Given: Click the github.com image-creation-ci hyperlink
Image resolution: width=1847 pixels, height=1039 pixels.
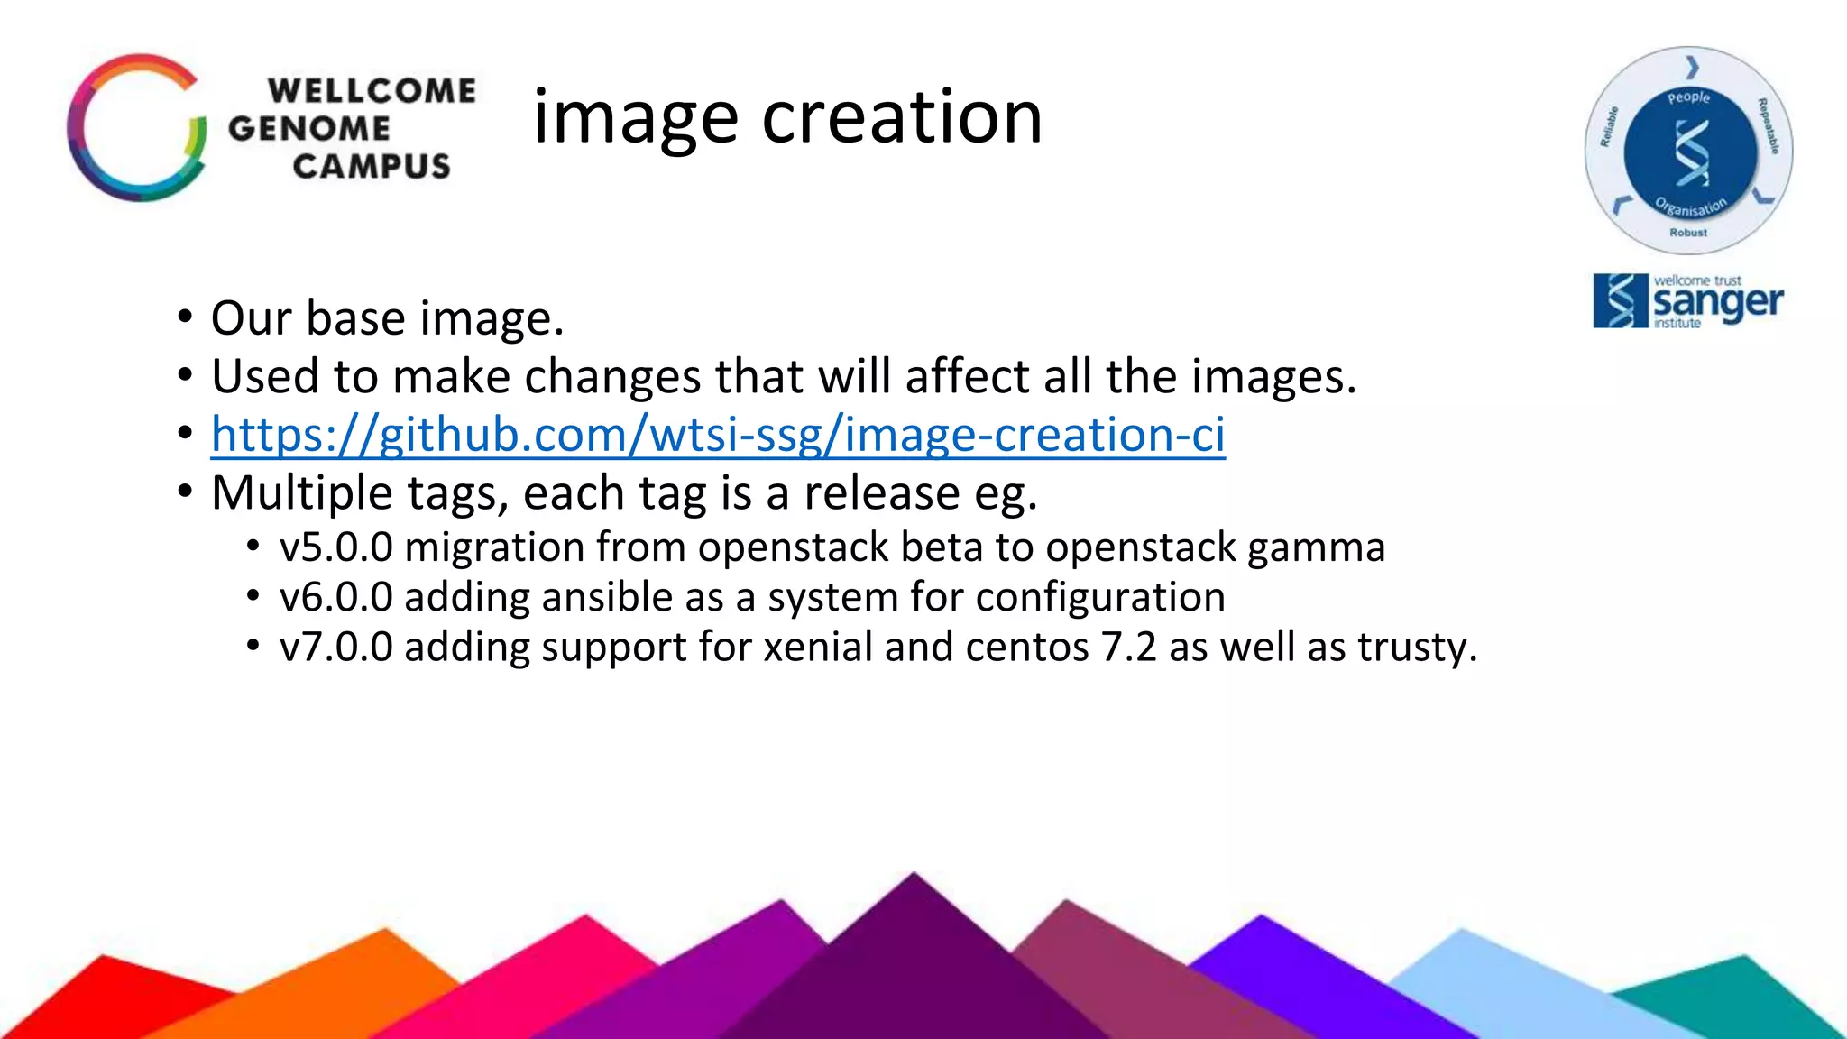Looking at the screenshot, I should (x=717, y=435).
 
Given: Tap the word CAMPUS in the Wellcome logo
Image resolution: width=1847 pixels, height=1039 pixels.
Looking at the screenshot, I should (x=372, y=167).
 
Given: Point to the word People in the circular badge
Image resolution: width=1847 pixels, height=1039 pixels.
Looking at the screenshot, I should (x=1688, y=97).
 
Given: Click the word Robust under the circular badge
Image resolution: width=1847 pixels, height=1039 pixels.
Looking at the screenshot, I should (x=1688, y=233).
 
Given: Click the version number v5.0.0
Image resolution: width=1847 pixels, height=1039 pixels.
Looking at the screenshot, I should (x=335, y=547).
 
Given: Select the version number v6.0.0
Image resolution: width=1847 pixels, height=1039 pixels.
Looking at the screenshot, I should (x=335, y=597).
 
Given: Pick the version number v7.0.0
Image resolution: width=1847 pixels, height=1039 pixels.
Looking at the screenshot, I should (x=335, y=648).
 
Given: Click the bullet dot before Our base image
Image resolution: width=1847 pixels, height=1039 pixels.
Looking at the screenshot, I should (x=185, y=317).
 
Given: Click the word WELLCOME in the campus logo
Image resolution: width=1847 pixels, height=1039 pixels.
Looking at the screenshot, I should (x=372, y=91).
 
